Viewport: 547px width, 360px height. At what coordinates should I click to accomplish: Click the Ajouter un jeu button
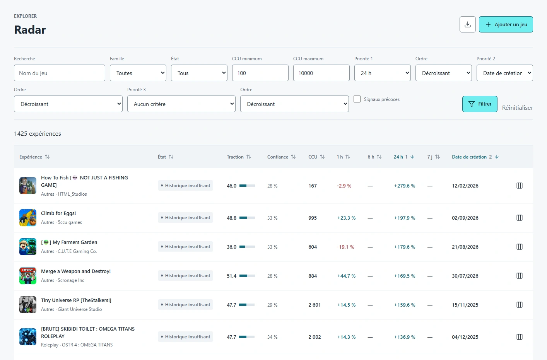click(x=506, y=24)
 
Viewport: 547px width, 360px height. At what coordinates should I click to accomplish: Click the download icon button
click(x=467, y=24)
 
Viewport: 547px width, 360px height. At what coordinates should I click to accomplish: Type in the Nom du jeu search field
click(x=59, y=73)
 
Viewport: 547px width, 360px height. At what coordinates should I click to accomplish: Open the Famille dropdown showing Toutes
click(x=138, y=73)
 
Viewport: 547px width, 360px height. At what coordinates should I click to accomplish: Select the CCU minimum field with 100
click(x=260, y=73)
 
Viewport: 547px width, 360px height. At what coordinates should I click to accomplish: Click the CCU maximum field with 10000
click(x=321, y=73)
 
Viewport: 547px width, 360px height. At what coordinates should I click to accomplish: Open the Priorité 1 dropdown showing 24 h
click(x=383, y=73)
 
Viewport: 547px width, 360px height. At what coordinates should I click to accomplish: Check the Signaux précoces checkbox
click(x=357, y=99)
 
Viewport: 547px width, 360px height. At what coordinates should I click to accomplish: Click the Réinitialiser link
click(x=518, y=107)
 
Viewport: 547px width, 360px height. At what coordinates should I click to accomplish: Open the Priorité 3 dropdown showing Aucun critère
click(x=181, y=104)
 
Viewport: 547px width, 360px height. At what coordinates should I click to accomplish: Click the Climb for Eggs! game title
click(x=58, y=213)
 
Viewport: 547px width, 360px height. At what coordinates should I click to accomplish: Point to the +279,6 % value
click(x=404, y=186)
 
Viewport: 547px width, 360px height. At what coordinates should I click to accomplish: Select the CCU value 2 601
click(x=315, y=305)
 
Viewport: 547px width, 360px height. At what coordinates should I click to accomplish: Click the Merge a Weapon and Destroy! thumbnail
click(x=28, y=276)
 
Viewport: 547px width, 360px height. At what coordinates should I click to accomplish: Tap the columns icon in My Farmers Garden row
click(x=520, y=247)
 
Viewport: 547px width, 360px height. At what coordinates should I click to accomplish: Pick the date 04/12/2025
click(x=465, y=337)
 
